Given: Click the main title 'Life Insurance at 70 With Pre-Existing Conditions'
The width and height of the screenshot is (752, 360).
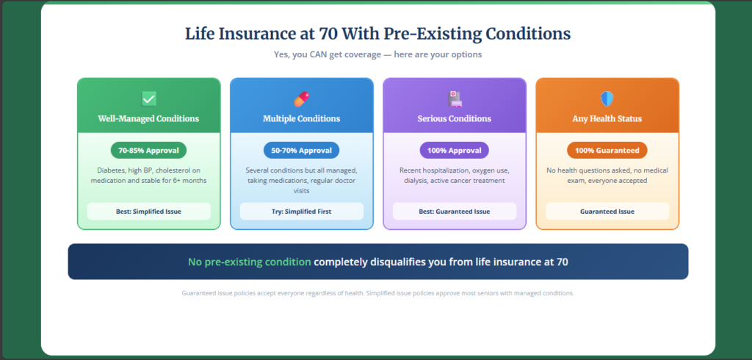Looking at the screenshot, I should coord(377,34).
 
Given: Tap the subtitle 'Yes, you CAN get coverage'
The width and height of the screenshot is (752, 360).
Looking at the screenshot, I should coord(377,54).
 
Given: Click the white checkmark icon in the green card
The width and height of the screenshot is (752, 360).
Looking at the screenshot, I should coord(149,98).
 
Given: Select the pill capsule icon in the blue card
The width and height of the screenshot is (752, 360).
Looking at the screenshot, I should coord(302,98).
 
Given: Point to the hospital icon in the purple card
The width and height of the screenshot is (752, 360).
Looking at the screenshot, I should coord(455,98).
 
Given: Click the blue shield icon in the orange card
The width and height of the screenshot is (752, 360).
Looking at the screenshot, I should coord(607,98).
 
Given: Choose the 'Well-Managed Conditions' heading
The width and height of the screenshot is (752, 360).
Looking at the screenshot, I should coord(149,118).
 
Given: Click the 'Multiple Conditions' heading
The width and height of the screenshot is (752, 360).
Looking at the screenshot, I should coord(302,118).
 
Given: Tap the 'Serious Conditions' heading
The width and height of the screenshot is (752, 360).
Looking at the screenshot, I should coord(455,118).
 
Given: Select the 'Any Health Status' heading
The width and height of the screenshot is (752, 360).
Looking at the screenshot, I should coord(607,118).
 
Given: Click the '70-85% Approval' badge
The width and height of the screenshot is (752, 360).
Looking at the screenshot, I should coord(149,151).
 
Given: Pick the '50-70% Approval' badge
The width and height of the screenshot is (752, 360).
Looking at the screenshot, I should coord(302,151).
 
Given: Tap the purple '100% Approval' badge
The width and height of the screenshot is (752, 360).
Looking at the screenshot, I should coord(455,151).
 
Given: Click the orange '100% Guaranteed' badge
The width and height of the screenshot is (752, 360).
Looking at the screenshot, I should coord(607,151).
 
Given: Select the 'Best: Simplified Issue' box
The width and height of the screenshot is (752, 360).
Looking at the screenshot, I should coord(149,212).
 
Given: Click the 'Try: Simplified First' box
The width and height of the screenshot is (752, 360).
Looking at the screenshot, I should coord(302,212).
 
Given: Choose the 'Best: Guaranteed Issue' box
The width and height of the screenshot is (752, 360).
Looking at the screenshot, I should coord(455,212).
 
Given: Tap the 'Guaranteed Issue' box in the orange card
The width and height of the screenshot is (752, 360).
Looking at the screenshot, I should coord(607,212).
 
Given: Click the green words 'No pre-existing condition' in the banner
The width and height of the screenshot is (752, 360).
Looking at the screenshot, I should coord(250,262).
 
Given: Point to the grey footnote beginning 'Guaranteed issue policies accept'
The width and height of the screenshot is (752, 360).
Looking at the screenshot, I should coord(377,293).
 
